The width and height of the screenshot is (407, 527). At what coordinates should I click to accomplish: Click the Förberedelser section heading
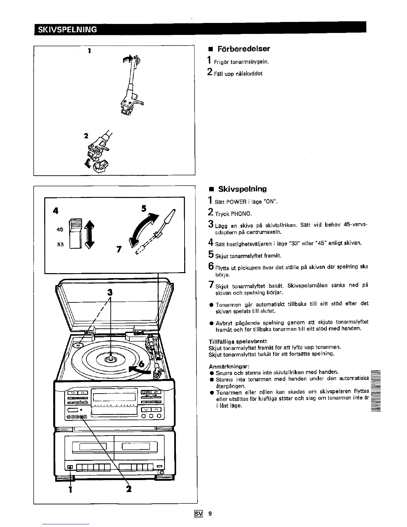(243, 49)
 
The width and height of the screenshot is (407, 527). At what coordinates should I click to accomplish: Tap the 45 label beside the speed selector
(60, 229)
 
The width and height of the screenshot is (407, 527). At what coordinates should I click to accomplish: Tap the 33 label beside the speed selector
(60, 244)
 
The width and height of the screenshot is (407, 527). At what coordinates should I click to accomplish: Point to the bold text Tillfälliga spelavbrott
(237, 341)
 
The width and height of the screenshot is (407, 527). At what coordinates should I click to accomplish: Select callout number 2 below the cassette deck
(129, 489)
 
